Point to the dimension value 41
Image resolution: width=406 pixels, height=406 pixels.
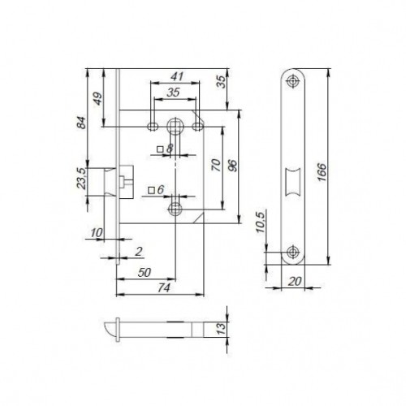click(175, 77)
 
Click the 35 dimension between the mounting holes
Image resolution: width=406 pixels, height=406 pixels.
click(174, 93)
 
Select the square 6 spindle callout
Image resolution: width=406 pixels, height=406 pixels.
click(157, 190)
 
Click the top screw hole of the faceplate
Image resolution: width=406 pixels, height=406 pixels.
click(292, 80)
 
